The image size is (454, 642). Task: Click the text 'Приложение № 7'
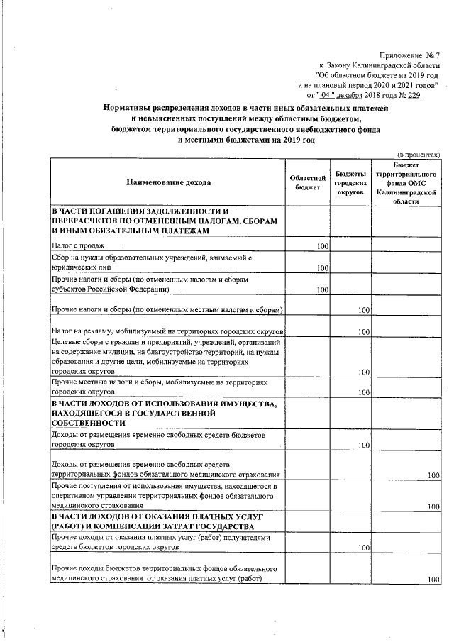click(409, 55)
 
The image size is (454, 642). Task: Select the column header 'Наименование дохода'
click(169, 182)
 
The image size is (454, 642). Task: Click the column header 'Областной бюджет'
click(309, 182)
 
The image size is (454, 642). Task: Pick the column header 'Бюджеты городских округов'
click(350, 182)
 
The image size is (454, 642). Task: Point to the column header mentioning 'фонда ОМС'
click(406, 182)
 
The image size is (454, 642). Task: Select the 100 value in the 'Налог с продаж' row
click(323, 246)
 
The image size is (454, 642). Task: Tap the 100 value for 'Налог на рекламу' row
click(364, 332)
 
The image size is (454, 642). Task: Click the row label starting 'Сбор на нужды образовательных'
click(150, 262)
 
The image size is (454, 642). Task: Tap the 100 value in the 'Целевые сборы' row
click(364, 372)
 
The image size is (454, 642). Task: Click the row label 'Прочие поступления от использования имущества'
click(164, 495)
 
